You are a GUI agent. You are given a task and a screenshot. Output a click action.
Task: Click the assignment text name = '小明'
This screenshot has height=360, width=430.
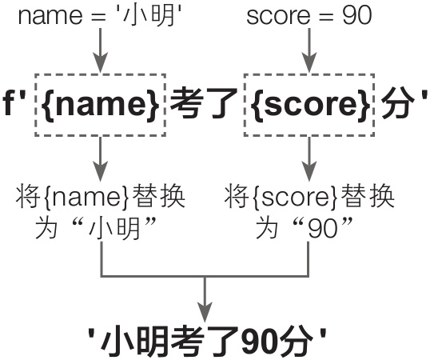click(x=101, y=16)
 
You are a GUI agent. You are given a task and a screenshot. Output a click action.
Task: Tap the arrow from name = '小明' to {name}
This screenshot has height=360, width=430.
click(x=101, y=50)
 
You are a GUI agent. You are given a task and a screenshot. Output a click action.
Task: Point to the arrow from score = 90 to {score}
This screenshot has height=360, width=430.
click(x=309, y=50)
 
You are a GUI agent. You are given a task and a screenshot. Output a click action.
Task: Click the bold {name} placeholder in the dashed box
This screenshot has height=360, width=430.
click(x=101, y=104)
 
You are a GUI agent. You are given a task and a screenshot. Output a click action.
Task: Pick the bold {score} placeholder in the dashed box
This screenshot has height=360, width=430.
click(x=309, y=104)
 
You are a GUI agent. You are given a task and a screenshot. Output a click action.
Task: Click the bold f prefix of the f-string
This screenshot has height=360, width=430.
click(x=9, y=103)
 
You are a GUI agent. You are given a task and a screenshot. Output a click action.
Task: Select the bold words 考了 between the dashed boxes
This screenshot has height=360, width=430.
click(x=203, y=104)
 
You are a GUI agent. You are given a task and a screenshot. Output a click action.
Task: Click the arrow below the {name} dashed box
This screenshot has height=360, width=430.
click(x=101, y=159)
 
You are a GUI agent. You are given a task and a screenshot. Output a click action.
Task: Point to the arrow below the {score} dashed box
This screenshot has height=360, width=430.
click(x=309, y=159)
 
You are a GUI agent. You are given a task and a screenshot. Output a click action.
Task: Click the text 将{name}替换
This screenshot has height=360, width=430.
click(x=101, y=197)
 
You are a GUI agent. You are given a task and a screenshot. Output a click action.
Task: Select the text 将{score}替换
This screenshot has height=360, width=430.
click(x=309, y=197)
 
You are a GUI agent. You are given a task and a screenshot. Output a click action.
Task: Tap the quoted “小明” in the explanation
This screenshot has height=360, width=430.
click(x=113, y=227)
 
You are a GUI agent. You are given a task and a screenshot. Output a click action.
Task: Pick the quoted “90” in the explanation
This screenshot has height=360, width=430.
click(x=322, y=227)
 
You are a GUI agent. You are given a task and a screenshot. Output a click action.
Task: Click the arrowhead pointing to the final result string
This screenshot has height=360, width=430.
click(x=205, y=312)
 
